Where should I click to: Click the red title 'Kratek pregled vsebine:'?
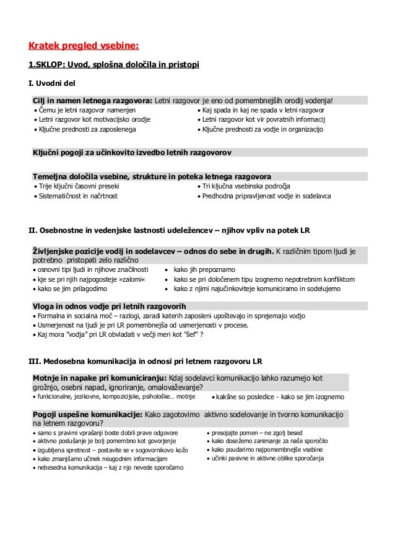coord(84,45)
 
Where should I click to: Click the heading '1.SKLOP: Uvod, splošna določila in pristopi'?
coord(115,64)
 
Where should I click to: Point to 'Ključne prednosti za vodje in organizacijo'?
coord(263,130)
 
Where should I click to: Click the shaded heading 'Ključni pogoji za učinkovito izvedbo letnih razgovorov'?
coord(132,151)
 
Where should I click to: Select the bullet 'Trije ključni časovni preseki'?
coord(79,186)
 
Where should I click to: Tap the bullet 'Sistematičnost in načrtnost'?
coord(78,196)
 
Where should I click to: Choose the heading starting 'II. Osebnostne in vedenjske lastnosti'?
coord(170,230)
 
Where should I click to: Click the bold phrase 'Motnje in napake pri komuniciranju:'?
coord(98,377)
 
